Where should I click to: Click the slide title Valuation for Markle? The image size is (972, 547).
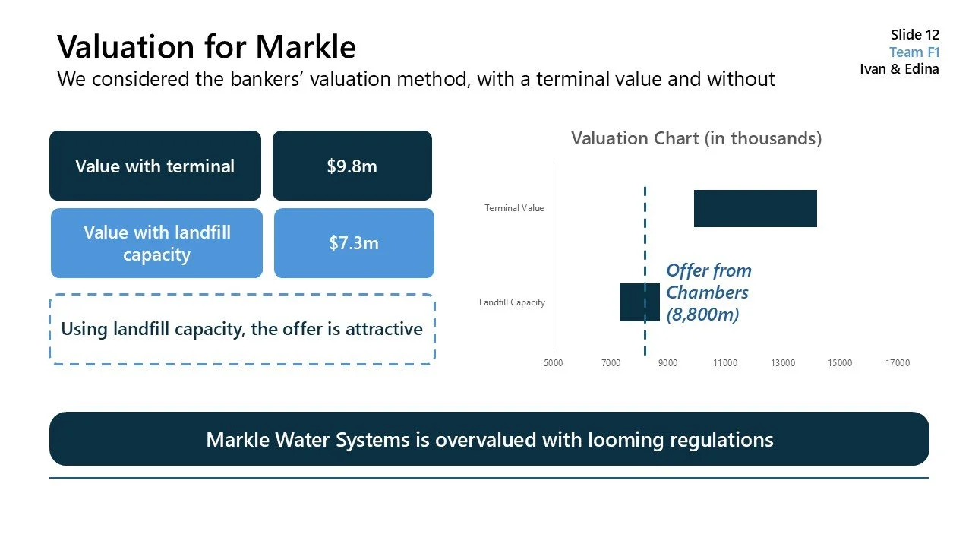coord(207,47)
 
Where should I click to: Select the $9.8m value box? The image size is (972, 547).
coord(352,166)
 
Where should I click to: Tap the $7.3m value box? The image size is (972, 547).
coord(354,243)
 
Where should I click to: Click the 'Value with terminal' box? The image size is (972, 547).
coord(155,166)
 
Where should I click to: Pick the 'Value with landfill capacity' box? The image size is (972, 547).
coord(156,243)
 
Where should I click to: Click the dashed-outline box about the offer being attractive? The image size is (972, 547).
coord(241,329)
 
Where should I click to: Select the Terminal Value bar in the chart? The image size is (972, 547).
coord(755,208)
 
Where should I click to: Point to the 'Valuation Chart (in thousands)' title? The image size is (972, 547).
coord(696,138)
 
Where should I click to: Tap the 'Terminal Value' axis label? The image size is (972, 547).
coord(514,208)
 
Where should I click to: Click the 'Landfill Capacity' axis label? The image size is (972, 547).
coord(512,302)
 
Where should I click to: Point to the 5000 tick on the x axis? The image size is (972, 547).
coord(554,363)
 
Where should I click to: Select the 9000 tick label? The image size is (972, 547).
coord(667,363)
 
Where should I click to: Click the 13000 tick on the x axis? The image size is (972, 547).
coord(783,363)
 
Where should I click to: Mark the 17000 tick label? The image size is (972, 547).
coord(898,363)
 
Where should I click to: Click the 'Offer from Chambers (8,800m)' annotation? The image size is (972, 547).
coord(708,292)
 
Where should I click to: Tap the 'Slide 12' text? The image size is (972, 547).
coord(914,35)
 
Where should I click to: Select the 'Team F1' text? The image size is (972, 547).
coord(914,52)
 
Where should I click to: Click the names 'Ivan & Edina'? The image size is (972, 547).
coord(899,69)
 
